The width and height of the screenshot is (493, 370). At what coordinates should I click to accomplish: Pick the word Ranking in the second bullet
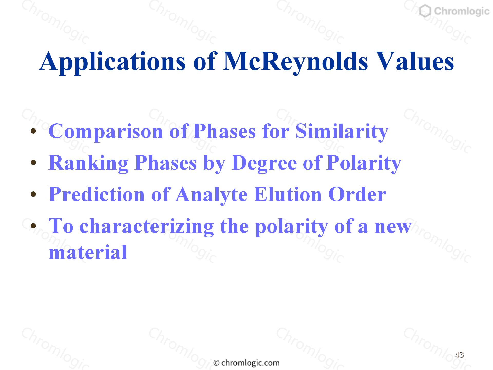[88, 163]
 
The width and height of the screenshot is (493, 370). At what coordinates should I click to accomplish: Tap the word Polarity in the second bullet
[364, 163]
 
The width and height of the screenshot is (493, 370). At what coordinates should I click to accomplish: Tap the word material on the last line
[88, 252]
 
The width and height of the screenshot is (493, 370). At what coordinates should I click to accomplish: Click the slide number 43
[459, 355]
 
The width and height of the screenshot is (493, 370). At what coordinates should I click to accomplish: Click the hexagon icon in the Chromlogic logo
[425, 12]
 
